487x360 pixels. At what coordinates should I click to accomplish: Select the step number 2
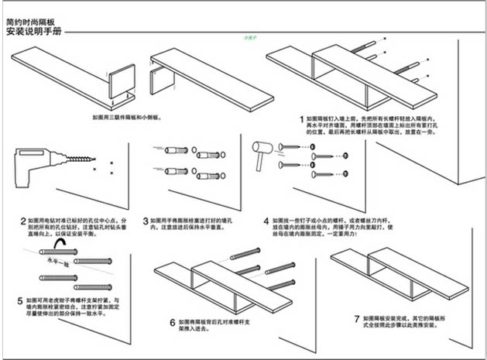(22, 221)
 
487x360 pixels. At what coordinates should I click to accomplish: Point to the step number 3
(146, 221)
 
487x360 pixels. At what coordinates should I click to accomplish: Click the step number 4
(266, 221)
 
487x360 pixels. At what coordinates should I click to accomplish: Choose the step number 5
(19, 300)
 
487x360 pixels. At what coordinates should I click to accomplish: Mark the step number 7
(356, 317)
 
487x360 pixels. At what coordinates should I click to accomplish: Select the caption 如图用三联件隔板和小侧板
(125, 117)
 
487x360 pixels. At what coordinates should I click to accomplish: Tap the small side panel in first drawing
(121, 82)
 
